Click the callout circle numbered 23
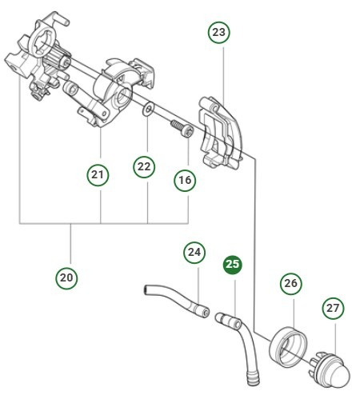(218, 32)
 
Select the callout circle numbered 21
(97, 174)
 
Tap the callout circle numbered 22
(143, 167)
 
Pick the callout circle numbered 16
(185, 181)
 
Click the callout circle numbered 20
(67, 277)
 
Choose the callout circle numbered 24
(194, 252)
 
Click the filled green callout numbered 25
(232, 265)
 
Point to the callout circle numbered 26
(290, 283)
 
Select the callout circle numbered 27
(333, 307)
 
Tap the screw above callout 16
(182, 127)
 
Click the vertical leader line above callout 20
(70, 244)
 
